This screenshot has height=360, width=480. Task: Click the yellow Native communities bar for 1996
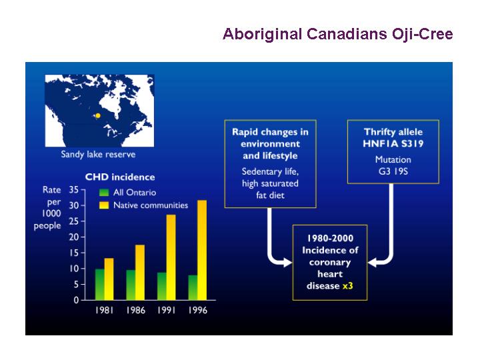point(202,250)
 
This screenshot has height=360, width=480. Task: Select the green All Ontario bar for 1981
point(100,285)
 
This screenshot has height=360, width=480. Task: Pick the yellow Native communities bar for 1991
point(171,257)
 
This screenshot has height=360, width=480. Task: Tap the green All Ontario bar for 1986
point(131,285)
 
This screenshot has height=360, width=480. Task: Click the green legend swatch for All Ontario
point(104,193)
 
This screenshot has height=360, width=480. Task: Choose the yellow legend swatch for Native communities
point(104,205)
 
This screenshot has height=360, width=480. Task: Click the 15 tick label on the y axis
point(74,253)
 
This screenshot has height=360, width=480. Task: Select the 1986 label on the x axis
point(135,310)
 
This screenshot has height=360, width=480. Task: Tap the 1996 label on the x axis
point(198,310)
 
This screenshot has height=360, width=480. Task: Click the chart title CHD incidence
point(120,177)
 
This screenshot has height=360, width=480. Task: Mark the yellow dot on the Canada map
point(98,115)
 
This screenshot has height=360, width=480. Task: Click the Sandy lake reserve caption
point(98,154)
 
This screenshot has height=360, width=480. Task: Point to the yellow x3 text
point(348,286)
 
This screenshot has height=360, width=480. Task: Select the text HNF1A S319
point(393,143)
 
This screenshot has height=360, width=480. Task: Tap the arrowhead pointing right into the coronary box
point(288,263)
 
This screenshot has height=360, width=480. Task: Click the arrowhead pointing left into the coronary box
point(373,263)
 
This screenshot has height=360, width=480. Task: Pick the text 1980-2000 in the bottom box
point(330,238)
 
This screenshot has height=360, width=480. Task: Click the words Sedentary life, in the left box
point(270,171)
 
